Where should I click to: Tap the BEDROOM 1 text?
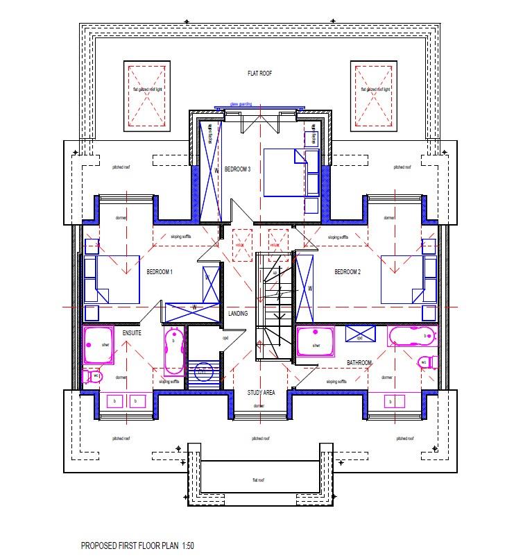160,272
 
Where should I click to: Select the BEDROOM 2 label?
347,272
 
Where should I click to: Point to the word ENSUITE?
132,334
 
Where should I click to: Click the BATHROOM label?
360,363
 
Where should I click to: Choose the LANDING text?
238,314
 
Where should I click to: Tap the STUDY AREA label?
261,393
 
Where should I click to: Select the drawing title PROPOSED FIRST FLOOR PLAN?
136,546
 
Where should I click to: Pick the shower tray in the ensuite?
98,345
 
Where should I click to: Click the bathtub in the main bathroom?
413,337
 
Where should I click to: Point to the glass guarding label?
241,104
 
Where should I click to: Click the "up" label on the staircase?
275,273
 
